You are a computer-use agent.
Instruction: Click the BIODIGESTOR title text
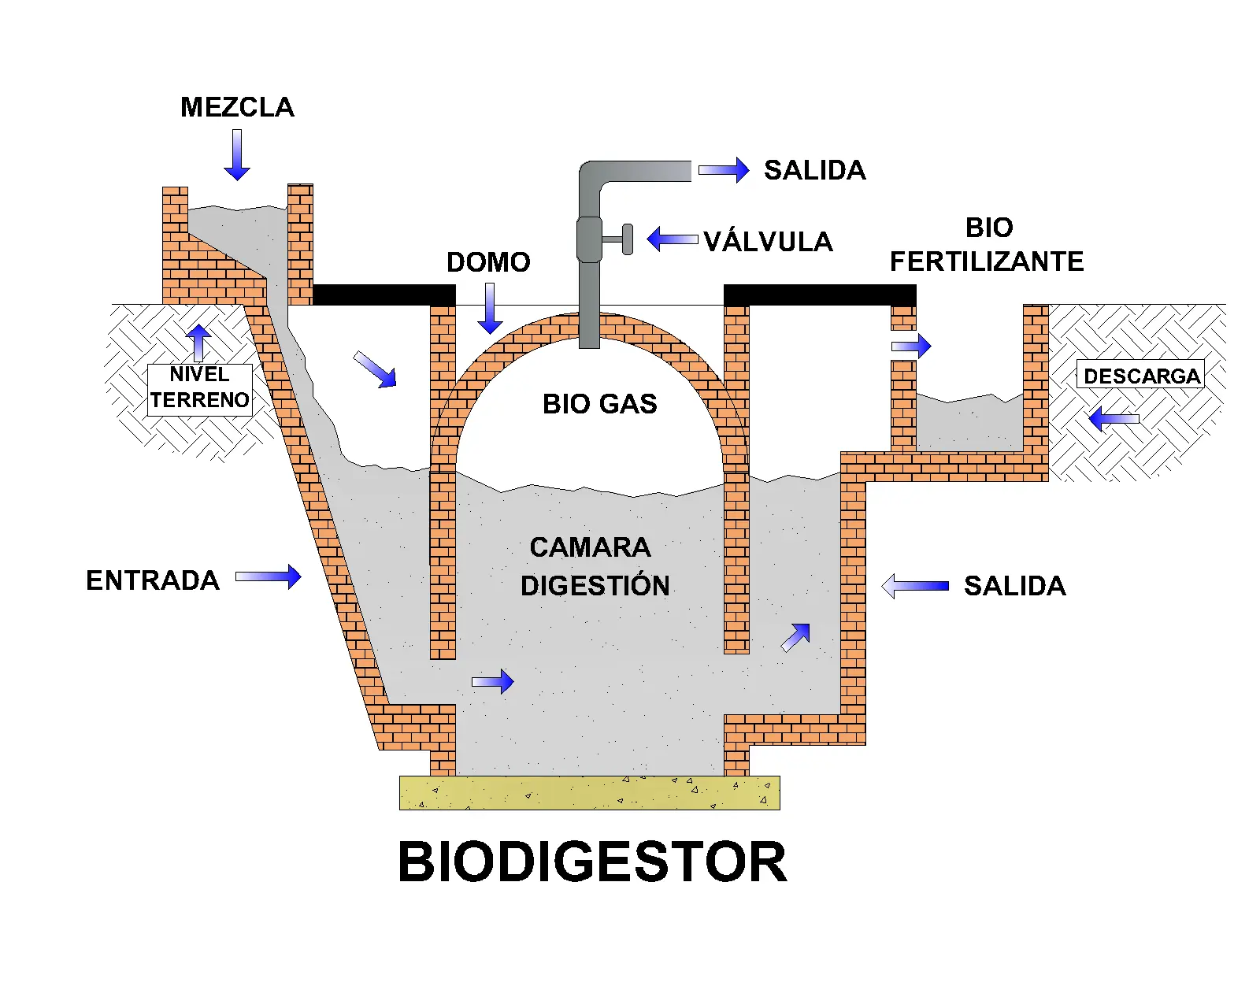click(592, 862)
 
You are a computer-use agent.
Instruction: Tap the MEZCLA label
click(237, 107)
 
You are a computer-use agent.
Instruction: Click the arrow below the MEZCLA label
click(236, 155)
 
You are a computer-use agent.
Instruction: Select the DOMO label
click(488, 262)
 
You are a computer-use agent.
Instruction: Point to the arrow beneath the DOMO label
click(490, 308)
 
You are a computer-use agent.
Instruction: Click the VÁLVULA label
click(768, 242)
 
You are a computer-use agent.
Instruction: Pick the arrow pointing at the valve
click(672, 239)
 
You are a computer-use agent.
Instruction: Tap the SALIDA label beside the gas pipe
click(814, 170)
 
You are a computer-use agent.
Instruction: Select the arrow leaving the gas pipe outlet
click(724, 170)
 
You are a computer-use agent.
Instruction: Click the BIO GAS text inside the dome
click(599, 404)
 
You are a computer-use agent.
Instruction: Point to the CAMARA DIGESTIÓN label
click(595, 566)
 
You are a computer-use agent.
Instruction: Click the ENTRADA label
click(153, 580)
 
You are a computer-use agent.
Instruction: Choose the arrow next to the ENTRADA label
click(269, 576)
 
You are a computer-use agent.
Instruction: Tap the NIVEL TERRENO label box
click(200, 388)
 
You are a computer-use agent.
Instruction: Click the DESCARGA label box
click(1140, 376)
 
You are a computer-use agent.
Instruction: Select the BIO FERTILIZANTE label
click(987, 245)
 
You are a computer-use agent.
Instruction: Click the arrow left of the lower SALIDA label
click(915, 586)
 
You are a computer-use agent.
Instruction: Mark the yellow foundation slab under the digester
click(589, 793)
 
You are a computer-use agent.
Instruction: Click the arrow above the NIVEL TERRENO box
click(198, 343)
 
